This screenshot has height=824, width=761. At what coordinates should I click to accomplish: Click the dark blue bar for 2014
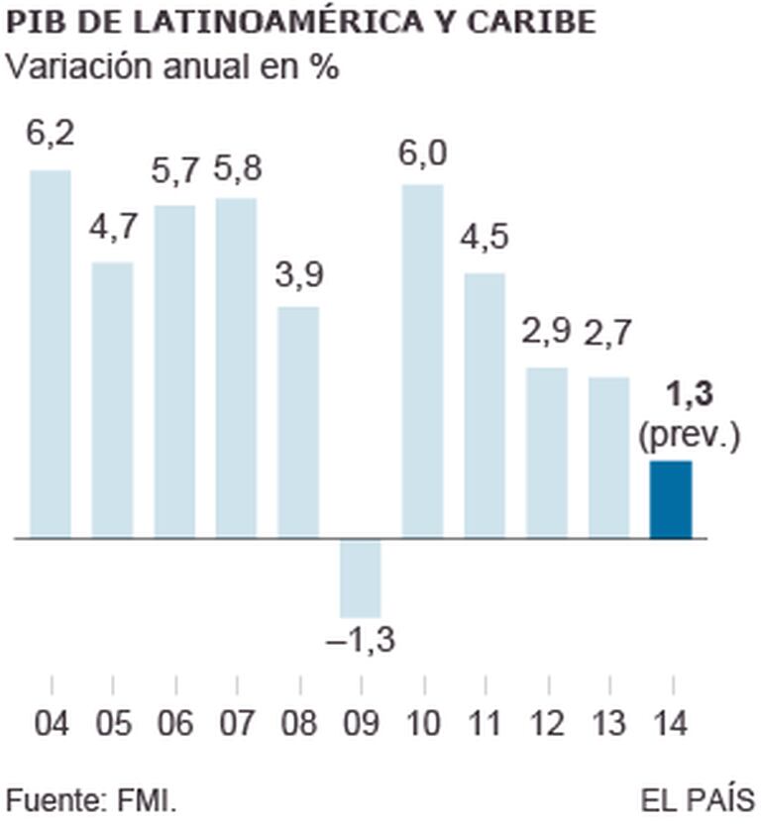pos(671,500)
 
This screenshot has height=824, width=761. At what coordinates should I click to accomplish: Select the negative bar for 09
pos(361,578)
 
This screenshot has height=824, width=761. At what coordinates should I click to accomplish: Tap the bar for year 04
pos(51,355)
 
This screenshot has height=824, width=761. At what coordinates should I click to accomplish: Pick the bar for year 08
pos(298,423)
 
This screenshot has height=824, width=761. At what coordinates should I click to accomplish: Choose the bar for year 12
pos(547,453)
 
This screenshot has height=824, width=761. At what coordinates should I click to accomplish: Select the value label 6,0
pos(423,154)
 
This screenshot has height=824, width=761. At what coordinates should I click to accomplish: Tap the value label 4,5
pos(485,241)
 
